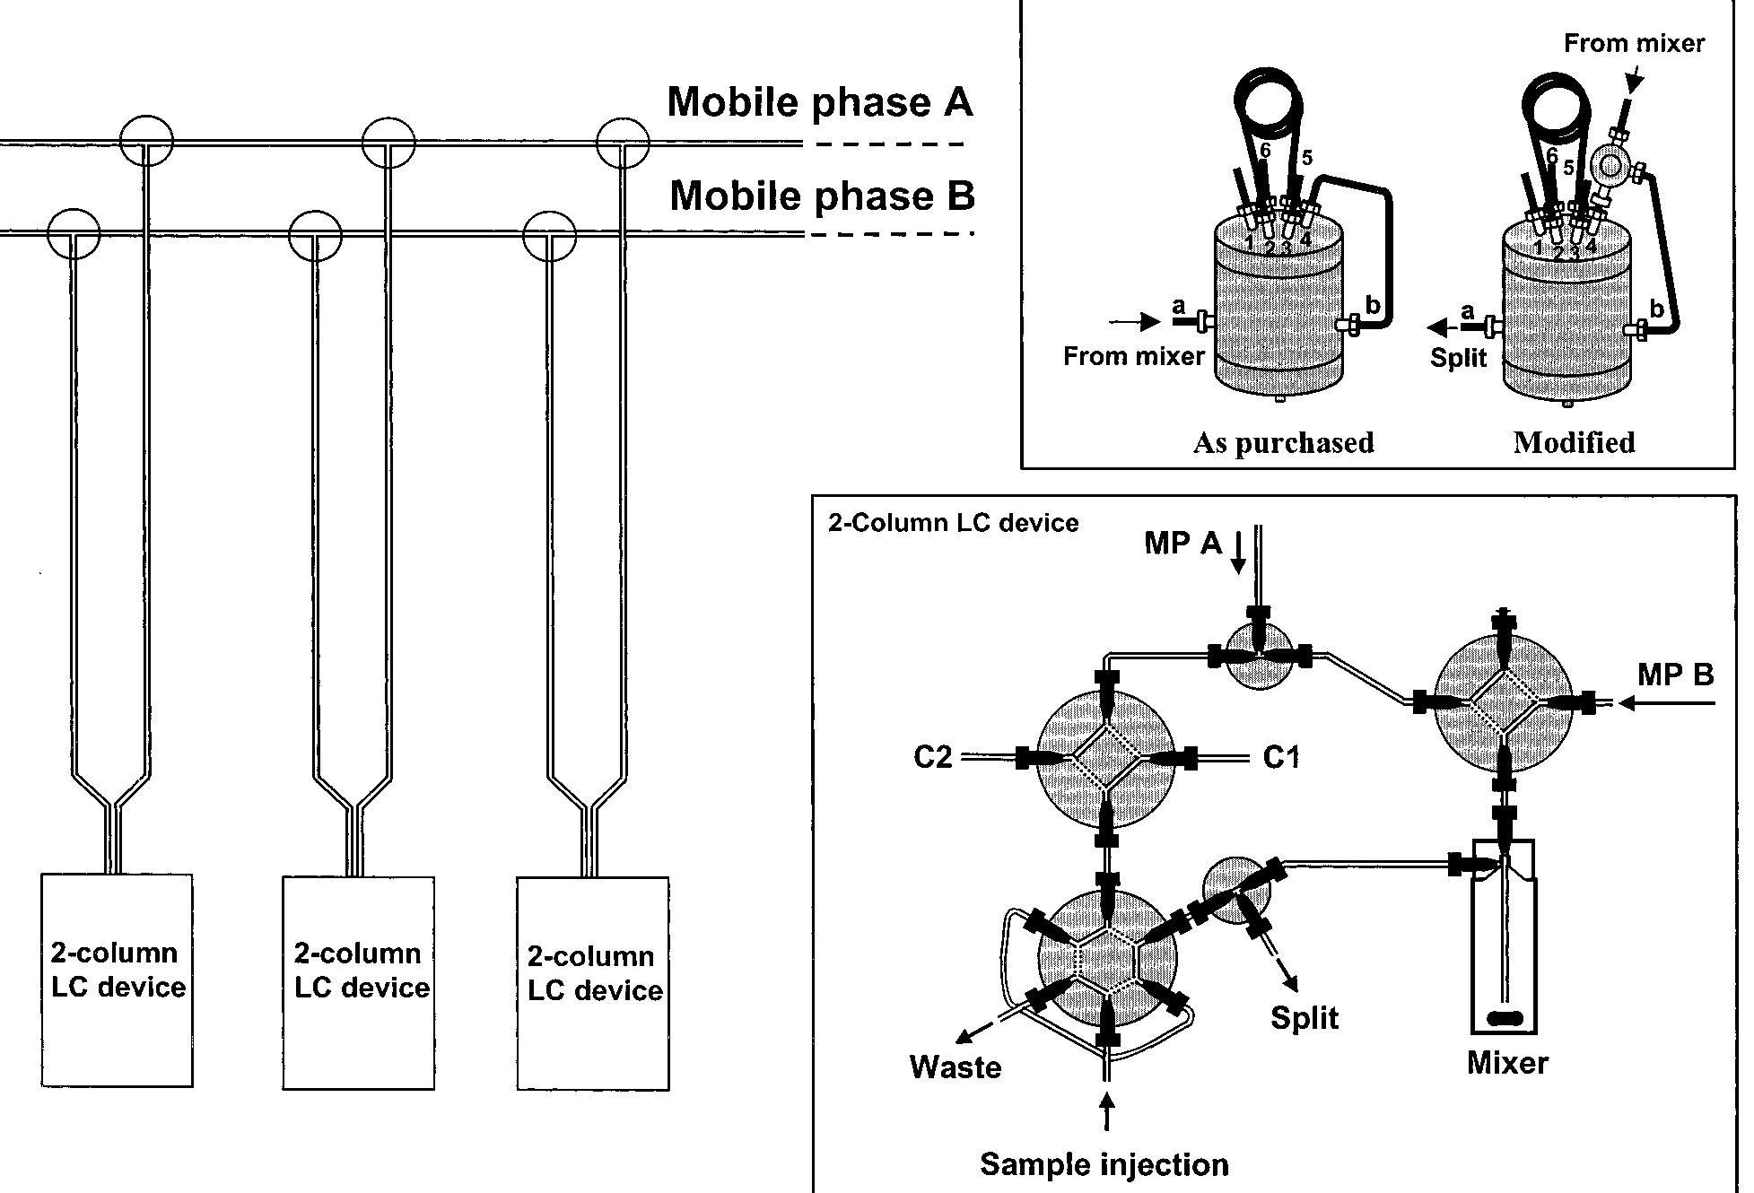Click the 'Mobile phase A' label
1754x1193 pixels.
(x=820, y=102)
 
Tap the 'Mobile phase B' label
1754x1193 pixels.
(x=822, y=196)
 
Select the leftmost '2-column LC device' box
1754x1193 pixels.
(x=117, y=980)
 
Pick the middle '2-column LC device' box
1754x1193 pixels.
(x=359, y=982)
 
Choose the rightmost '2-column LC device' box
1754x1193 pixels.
(x=593, y=984)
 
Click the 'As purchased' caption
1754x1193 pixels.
(x=1283, y=443)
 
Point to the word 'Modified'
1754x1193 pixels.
(x=1574, y=443)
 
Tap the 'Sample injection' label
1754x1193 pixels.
(x=1104, y=1164)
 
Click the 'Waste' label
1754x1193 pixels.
(x=955, y=1067)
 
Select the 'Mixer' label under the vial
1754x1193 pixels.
(x=1507, y=1063)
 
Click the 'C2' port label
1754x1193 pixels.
(x=932, y=758)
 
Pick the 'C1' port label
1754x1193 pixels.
(x=1280, y=758)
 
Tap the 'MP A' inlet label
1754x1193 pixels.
(x=1182, y=543)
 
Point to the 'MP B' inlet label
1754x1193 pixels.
(x=1675, y=675)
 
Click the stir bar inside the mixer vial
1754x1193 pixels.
(x=1505, y=1018)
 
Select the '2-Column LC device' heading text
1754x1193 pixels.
(x=953, y=523)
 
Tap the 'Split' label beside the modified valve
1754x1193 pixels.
(x=1458, y=358)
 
